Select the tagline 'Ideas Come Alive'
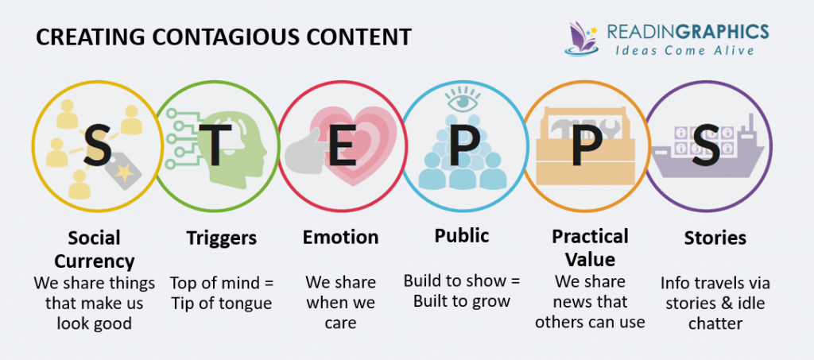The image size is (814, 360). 684,50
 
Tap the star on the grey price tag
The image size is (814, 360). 124,172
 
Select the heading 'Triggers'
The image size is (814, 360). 222,238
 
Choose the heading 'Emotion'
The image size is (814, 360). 340,237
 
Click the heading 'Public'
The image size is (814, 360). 462,236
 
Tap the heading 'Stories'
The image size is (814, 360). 715,238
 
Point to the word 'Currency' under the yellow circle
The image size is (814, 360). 95,261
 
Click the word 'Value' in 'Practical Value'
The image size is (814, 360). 590,259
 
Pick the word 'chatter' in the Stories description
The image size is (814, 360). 715,323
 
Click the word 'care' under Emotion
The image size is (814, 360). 340,323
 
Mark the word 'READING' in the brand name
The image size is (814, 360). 642,32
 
